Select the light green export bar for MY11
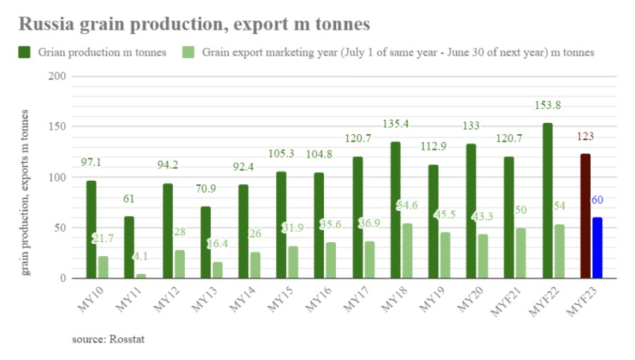tap(141, 275)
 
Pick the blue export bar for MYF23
tap(598, 248)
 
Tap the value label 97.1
tap(92, 162)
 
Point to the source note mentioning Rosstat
tap(108, 340)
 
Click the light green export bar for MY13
tap(217, 270)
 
